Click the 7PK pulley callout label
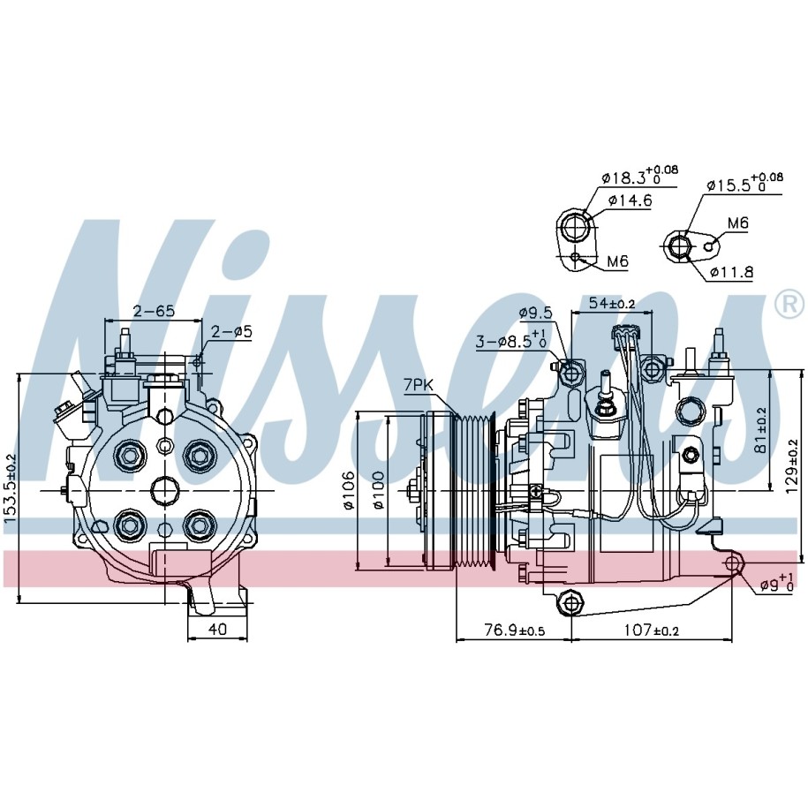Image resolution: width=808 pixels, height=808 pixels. click(418, 384)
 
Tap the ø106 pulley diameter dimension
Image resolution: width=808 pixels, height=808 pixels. click(349, 490)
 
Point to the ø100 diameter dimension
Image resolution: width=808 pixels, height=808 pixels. click(379, 490)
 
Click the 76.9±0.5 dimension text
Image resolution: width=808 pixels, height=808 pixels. click(514, 630)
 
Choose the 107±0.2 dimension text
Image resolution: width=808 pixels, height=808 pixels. click(652, 630)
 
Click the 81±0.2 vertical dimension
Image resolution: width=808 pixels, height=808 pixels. click(761, 430)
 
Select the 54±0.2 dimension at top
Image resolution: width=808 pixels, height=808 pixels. click(612, 303)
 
